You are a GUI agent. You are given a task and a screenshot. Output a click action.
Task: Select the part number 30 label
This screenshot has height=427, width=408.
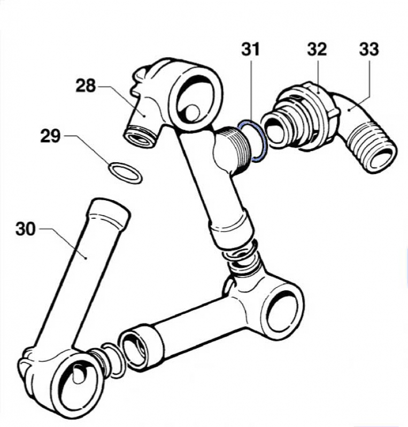(x=26, y=230)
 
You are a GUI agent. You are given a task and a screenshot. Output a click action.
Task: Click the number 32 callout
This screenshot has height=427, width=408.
(x=317, y=50)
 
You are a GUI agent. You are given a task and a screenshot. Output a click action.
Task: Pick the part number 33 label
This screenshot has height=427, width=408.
(x=368, y=50)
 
